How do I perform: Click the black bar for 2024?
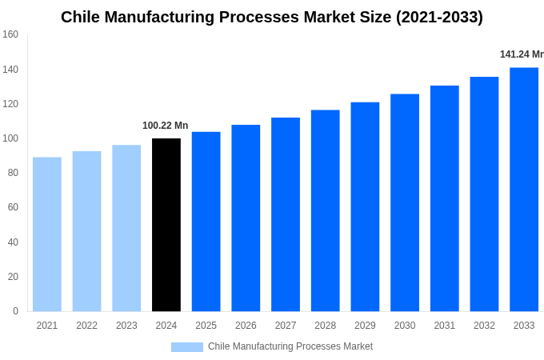166,225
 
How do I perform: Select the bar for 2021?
47,234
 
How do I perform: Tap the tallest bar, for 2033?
524,190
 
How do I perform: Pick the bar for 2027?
286,214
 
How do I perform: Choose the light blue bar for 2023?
126,228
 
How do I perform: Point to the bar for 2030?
405,202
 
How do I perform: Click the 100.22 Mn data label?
165,126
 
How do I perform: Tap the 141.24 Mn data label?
522,54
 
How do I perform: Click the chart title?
272,17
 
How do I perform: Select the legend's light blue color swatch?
186,347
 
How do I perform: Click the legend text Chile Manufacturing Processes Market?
290,346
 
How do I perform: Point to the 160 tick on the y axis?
10,34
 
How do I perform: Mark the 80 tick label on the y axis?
13,173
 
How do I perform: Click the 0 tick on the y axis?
15,311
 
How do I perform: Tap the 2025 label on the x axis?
206,326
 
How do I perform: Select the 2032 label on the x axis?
484,326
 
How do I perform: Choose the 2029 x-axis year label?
365,326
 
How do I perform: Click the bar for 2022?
86,231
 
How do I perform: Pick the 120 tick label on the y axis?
10,104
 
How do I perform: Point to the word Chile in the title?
82,17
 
